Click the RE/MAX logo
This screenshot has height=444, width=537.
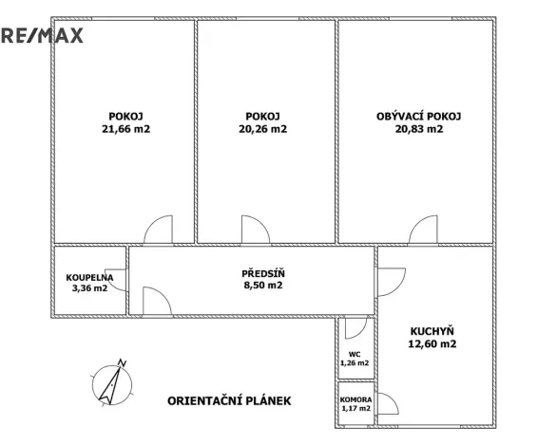coord(42,36)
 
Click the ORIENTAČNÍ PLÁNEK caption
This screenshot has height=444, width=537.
coord(229,400)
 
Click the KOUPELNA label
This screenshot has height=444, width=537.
coord(89,277)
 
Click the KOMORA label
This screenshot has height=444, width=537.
coord(355,399)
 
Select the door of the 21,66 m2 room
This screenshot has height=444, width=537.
coord(157,231)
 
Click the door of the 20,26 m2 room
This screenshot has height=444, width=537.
coord(255,231)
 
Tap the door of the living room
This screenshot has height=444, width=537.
coord(423,231)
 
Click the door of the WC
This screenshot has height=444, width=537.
coord(356,328)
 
